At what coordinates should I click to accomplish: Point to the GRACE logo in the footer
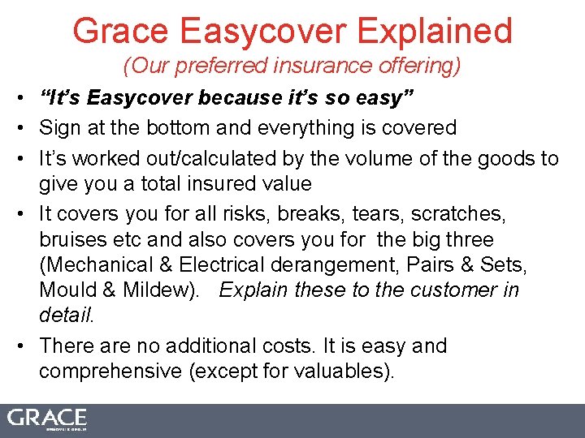(x=47, y=419)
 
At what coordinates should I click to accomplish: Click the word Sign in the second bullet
(x=55, y=127)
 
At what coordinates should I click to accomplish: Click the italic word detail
(x=66, y=315)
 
